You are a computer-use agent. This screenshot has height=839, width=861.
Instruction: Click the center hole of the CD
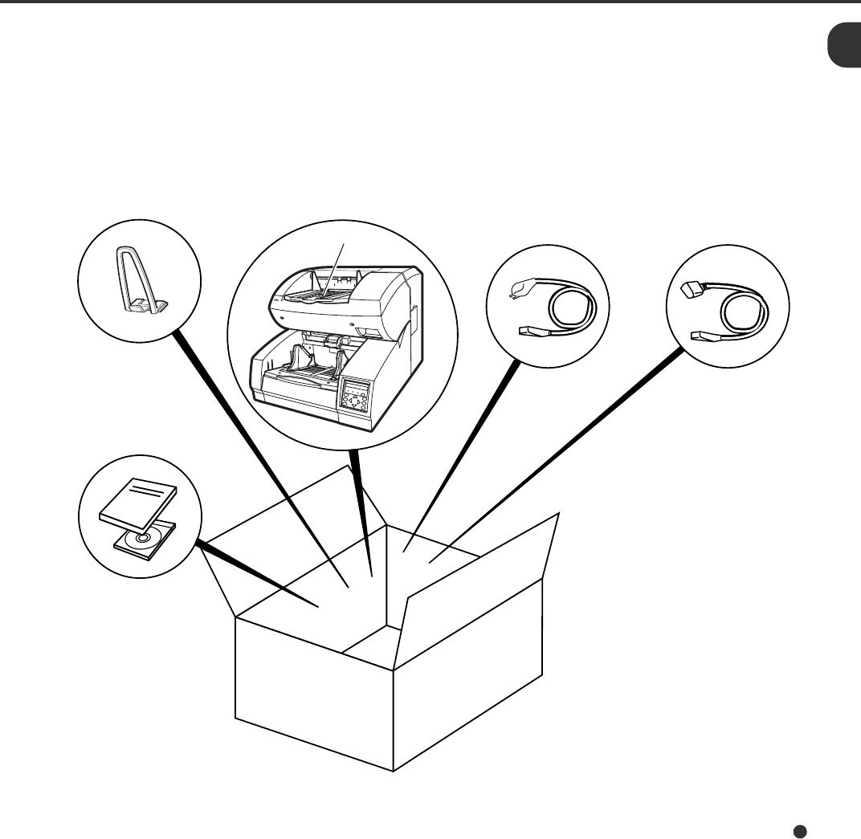pos(144,539)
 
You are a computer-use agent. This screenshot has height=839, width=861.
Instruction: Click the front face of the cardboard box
pos(313,707)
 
